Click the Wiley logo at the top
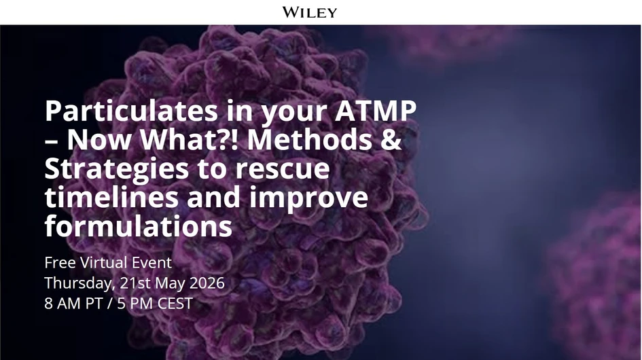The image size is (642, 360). (x=310, y=12)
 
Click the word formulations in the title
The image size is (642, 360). (x=139, y=226)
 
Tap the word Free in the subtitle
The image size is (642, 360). (x=58, y=263)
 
